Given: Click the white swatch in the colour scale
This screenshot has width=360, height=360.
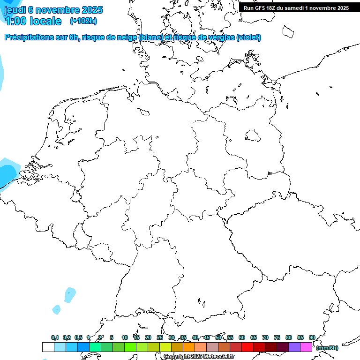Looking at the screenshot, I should (48, 347).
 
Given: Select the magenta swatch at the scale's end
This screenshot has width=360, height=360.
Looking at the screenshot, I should (306, 347).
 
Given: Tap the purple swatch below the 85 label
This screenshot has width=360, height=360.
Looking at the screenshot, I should (294, 347).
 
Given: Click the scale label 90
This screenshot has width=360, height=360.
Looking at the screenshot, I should (312, 338).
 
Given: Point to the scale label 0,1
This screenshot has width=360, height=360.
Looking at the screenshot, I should (55, 338).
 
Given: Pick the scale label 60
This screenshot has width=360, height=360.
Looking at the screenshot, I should (242, 338).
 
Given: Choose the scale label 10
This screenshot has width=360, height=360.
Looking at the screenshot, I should (125, 338).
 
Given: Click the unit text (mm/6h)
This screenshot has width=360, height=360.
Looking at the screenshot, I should (327, 348).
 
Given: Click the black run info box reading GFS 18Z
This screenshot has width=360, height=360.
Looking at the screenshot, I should (296, 8).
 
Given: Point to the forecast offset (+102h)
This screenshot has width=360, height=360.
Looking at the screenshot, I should (83, 21).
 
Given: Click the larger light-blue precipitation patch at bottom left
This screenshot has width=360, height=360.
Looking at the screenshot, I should (70, 294).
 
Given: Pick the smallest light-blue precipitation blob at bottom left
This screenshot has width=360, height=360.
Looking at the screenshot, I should (57, 309).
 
